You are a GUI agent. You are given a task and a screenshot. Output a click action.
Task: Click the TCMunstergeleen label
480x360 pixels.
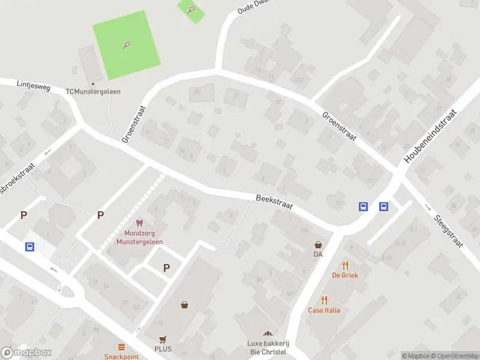[x=93, y=91]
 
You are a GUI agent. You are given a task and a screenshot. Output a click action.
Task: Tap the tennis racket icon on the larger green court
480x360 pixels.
[x=127, y=45]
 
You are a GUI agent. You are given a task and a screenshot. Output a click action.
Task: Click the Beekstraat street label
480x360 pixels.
[x=274, y=201]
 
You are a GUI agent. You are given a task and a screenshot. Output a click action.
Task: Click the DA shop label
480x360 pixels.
[x=318, y=254]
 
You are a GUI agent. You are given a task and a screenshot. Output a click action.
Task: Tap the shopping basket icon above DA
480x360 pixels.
[x=318, y=245]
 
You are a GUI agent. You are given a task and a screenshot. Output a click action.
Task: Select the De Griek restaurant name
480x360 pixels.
[x=344, y=275]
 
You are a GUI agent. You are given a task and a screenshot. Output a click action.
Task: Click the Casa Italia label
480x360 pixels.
[x=324, y=310]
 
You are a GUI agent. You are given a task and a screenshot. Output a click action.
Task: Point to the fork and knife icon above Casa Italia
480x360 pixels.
[x=324, y=300]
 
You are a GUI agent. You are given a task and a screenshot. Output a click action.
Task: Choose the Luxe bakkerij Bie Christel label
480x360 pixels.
[x=268, y=347]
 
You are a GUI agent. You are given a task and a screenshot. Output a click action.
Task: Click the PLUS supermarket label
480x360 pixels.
[x=163, y=349]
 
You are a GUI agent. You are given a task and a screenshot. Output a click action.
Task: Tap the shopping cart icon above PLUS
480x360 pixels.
[x=162, y=339]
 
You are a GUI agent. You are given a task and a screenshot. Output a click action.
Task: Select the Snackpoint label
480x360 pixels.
[x=122, y=356]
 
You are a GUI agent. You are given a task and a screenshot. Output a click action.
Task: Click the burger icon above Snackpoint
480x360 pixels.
[x=122, y=347]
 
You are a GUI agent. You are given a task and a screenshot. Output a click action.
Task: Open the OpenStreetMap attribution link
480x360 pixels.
[x=454, y=356]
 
